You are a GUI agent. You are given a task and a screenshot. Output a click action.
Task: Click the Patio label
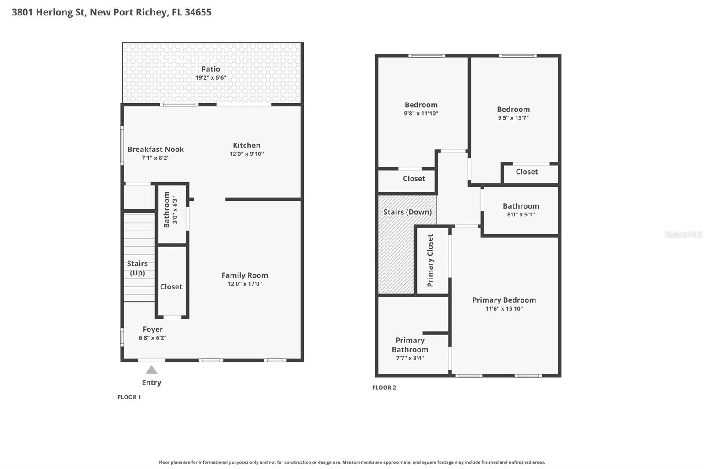pyautogui.click(x=211, y=69)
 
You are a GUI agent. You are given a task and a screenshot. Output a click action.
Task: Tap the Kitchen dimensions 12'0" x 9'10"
pyautogui.click(x=246, y=154)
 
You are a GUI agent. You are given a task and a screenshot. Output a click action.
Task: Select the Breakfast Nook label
pyautogui.click(x=156, y=149)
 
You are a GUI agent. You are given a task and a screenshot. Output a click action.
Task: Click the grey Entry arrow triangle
pyautogui.click(x=151, y=370)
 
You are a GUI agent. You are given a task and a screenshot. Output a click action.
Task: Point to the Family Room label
pyautogui.click(x=245, y=275)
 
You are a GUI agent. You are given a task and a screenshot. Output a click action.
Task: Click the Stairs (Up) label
pyautogui.click(x=137, y=268)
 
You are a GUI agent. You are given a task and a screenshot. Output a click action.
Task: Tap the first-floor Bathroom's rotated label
pyautogui.click(x=167, y=209)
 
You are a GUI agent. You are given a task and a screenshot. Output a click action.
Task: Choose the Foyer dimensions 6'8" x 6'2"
pyautogui.click(x=153, y=338)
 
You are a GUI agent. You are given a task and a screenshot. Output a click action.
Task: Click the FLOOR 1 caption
pyautogui.click(x=129, y=397)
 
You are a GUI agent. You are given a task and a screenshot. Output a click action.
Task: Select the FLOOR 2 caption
pyautogui.click(x=384, y=388)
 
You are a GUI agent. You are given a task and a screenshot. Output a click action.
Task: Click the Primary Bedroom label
pyautogui.click(x=504, y=300)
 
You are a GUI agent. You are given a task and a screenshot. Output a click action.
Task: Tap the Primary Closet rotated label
pyautogui.click(x=430, y=260)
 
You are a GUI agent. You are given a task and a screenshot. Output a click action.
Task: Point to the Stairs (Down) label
pyautogui.click(x=407, y=212)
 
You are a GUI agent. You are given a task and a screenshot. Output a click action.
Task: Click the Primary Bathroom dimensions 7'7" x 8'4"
pyautogui.click(x=410, y=358)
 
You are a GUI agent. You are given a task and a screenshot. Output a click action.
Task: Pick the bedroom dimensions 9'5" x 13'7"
pyautogui.click(x=513, y=118)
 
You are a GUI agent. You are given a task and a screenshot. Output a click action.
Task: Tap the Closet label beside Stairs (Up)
pyautogui.click(x=171, y=287)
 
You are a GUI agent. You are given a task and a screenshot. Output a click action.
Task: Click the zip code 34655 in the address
pyautogui.click(x=198, y=12)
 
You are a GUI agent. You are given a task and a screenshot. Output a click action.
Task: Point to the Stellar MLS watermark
pyautogui.click(x=683, y=234)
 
